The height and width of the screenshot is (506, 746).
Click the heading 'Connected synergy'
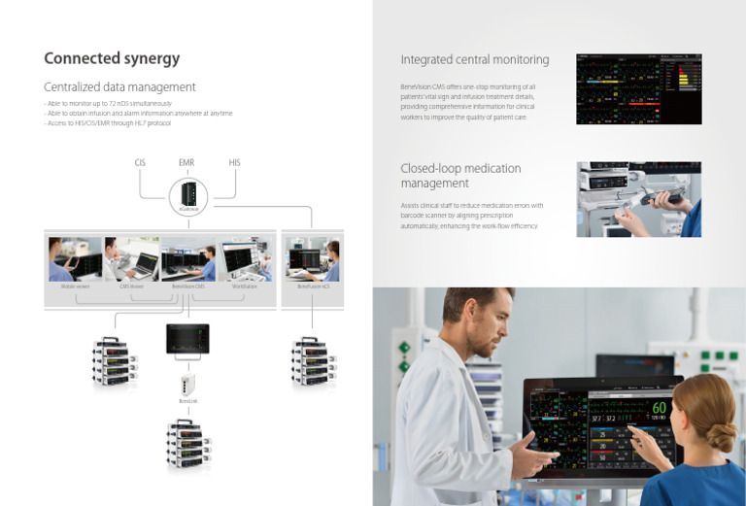(x=112, y=58)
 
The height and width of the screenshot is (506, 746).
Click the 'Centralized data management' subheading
(x=120, y=87)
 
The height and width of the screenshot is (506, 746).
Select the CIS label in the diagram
(x=140, y=162)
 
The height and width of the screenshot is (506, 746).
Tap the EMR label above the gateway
(x=186, y=162)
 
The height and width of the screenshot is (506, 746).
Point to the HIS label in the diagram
(x=234, y=162)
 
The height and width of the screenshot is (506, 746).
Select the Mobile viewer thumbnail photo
(x=75, y=259)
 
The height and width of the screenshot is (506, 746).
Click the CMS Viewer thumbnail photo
(x=131, y=259)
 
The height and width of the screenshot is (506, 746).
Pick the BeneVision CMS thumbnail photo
(x=187, y=259)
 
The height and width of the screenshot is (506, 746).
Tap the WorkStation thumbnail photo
(x=245, y=259)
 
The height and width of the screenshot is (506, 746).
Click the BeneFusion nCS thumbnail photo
(x=313, y=259)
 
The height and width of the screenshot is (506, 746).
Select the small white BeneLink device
(x=187, y=383)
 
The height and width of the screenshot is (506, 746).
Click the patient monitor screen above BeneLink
(x=187, y=339)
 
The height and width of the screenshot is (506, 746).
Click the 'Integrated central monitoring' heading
(x=474, y=60)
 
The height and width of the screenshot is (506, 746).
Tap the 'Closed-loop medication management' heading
(x=460, y=176)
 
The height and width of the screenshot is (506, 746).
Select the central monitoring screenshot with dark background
(x=638, y=88)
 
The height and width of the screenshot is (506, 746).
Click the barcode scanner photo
(x=638, y=199)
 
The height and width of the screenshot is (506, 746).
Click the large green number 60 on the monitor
(x=659, y=408)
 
